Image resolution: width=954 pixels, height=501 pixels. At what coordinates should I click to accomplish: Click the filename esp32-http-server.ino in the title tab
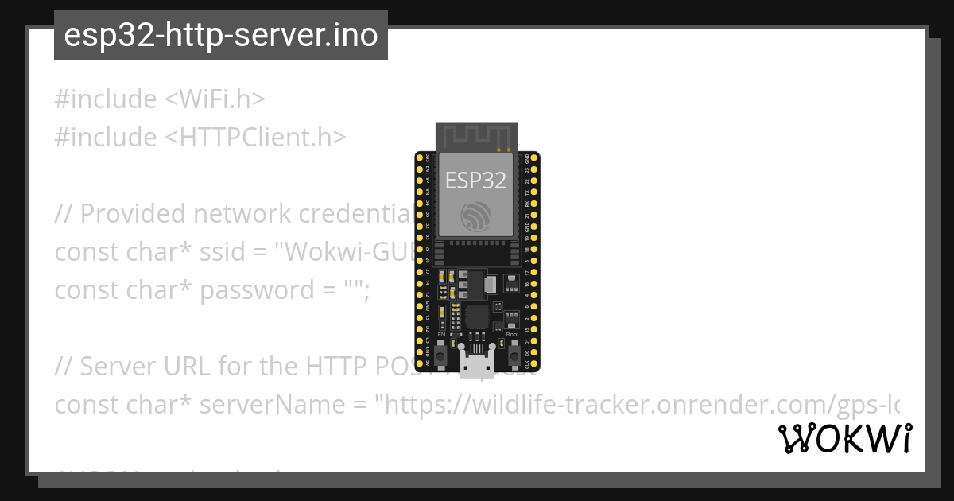tap(220, 35)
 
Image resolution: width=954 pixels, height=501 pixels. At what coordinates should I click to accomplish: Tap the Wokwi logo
tap(845, 439)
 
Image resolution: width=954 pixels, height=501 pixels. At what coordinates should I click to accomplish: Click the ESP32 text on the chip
tap(475, 181)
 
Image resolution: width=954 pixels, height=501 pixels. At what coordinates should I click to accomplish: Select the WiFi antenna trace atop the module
tap(476, 136)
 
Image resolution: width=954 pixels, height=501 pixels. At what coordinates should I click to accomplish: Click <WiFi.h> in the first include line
tap(215, 99)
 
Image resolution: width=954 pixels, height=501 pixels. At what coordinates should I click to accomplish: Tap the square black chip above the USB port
tap(477, 317)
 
